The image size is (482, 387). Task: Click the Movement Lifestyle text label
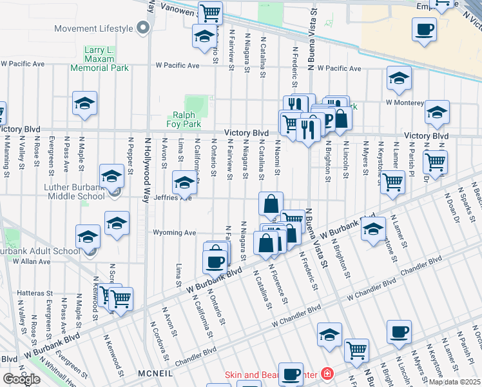(x=93, y=28)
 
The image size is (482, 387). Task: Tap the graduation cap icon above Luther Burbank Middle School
(x=111, y=175)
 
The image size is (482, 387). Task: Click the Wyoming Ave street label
(x=174, y=232)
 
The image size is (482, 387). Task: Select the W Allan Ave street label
(x=26, y=261)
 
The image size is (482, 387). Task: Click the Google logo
(x=21, y=379)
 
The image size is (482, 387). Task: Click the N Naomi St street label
(x=278, y=157)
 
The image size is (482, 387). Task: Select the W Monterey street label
(x=404, y=102)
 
